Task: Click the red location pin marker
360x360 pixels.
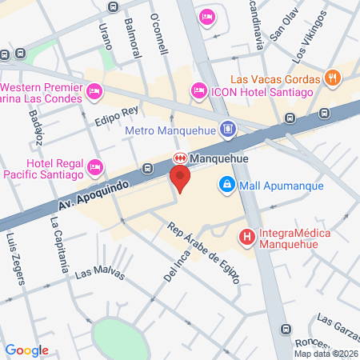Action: [x=180, y=178]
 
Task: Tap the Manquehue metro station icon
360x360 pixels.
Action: [x=181, y=159]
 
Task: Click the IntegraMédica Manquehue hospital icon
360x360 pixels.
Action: [x=247, y=237]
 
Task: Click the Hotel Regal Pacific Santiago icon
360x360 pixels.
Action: [x=96, y=166]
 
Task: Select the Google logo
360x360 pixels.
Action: [x=27, y=350]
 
